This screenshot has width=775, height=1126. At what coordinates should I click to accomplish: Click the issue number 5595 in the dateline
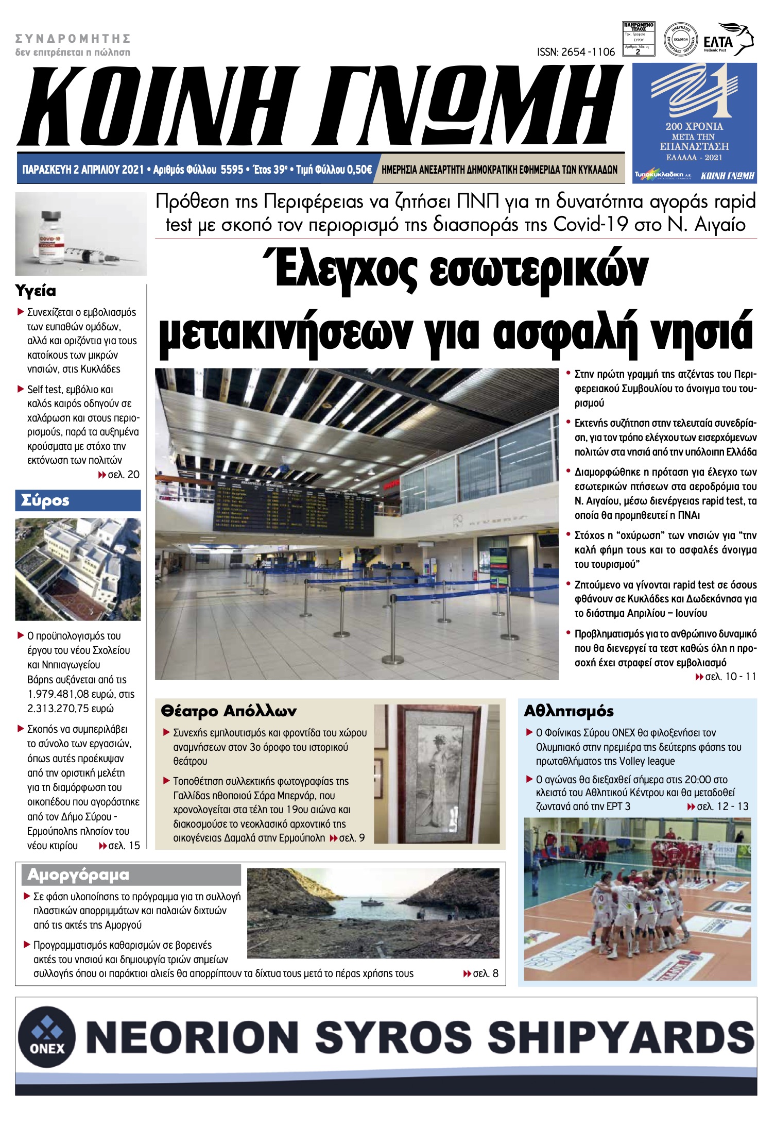click(232, 170)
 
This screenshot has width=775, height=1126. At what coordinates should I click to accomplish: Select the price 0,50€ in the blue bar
click(359, 170)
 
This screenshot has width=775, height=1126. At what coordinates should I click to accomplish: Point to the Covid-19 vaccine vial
click(50, 234)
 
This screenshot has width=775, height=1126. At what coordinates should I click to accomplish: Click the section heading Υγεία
click(36, 291)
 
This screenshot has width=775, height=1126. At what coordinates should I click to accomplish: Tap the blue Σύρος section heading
click(45, 500)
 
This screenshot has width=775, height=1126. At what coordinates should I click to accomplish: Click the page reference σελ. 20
click(123, 475)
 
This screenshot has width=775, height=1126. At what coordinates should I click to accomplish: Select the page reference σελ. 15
click(124, 846)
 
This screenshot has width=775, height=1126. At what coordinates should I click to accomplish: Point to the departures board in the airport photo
click(294, 508)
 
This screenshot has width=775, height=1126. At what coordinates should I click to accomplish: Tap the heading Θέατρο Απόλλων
click(229, 711)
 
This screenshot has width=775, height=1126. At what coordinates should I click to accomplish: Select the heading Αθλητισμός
click(569, 711)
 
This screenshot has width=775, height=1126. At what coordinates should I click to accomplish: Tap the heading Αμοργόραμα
click(78, 875)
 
